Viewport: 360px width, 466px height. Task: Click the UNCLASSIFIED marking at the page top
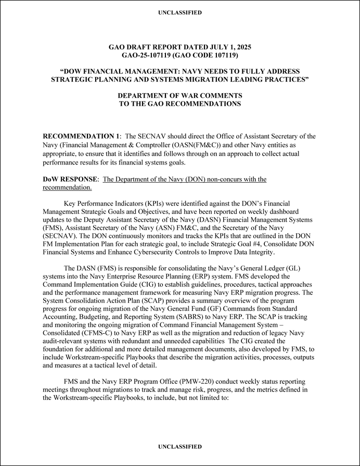pos(180,12)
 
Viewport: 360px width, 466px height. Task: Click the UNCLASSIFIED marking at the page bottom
pos(180,447)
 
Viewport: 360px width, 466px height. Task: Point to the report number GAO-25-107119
pos(150,55)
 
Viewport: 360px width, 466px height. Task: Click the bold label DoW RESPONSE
pos(70,179)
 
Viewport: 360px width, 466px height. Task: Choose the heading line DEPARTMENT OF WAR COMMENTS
pos(180,96)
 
